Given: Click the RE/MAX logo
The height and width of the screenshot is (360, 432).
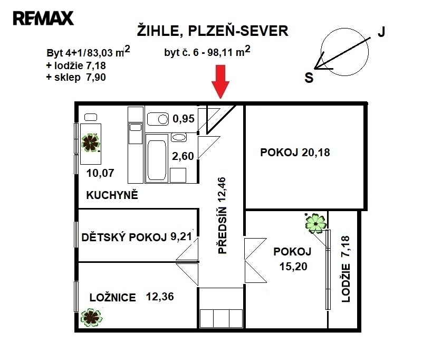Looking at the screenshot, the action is click(x=43, y=18).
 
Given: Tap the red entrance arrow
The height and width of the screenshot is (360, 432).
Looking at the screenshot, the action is click(x=220, y=82).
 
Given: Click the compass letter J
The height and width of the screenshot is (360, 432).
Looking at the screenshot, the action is click(x=381, y=32).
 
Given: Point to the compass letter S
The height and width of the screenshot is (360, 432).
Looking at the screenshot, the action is click(x=309, y=78).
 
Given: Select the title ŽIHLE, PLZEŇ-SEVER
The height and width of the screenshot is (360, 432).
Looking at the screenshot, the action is click(x=213, y=31).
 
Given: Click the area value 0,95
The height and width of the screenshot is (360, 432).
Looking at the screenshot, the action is click(x=184, y=119).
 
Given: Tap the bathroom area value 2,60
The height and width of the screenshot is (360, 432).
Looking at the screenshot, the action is click(x=183, y=156).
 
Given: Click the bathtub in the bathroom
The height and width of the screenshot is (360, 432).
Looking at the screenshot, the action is click(x=157, y=158).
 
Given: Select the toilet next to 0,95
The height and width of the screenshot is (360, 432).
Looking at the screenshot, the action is click(x=158, y=119).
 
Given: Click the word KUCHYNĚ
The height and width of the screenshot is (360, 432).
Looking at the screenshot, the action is click(x=112, y=195).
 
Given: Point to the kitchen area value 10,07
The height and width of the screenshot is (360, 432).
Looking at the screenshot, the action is click(x=100, y=173).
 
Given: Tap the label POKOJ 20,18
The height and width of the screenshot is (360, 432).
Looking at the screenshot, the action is click(x=295, y=152).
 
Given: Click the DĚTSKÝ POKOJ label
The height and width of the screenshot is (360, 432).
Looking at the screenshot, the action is click(x=124, y=238).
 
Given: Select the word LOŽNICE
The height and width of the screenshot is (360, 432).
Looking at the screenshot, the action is click(x=113, y=297).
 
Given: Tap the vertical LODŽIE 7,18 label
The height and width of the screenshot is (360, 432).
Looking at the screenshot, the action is click(x=345, y=269).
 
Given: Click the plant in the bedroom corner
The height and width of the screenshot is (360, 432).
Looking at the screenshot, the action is click(x=91, y=318).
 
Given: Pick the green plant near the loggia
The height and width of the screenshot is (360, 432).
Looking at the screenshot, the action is click(x=316, y=223).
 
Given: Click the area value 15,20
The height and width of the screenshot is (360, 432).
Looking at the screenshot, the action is click(x=293, y=267).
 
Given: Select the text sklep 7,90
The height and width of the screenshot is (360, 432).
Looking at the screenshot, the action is click(x=80, y=77).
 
